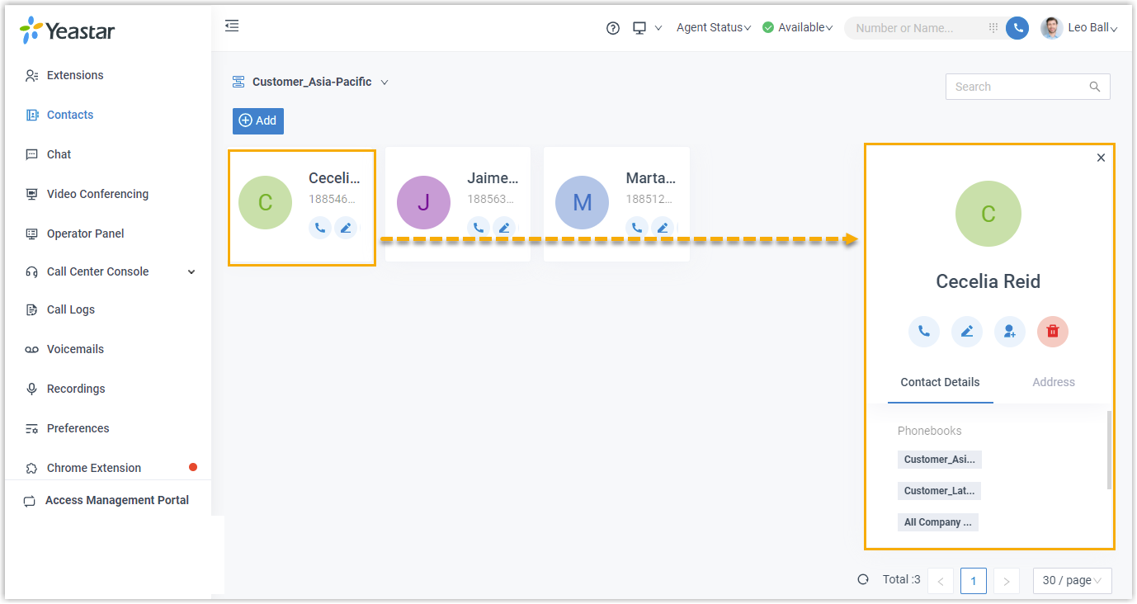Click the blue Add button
click(x=258, y=120)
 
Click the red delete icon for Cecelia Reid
click(x=1052, y=332)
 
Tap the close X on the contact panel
click(x=1101, y=158)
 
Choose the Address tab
click(x=1053, y=382)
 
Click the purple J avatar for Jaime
click(x=423, y=202)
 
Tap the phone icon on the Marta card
click(x=636, y=228)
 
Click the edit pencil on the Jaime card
click(x=504, y=228)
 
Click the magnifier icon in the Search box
click(x=1095, y=87)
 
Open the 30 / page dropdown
click(x=1072, y=580)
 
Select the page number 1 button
click(x=973, y=580)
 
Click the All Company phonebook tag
click(x=937, y=522)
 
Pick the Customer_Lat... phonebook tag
click(x=939, y=491)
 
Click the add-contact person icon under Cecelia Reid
click(x=1009, y=332)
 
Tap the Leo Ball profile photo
click(x=1051, y=27)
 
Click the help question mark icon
click(x=613, y=28)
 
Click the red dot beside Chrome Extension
click(x=193, y=467)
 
